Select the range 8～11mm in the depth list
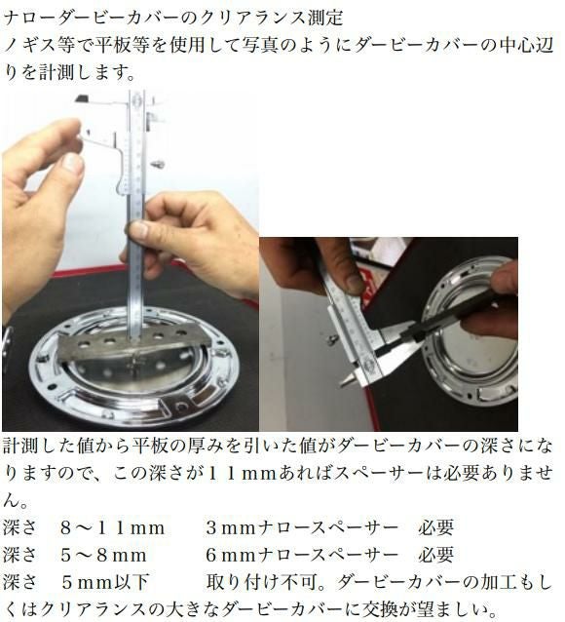[113, 528]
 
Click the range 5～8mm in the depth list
[103, 555]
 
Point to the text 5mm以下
[104, 582]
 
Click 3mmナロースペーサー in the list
[302, 528]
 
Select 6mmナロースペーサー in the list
[302, 555]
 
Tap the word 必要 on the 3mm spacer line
[435, 528]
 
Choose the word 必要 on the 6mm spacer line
[435, 555]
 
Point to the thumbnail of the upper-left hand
[73, 163]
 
